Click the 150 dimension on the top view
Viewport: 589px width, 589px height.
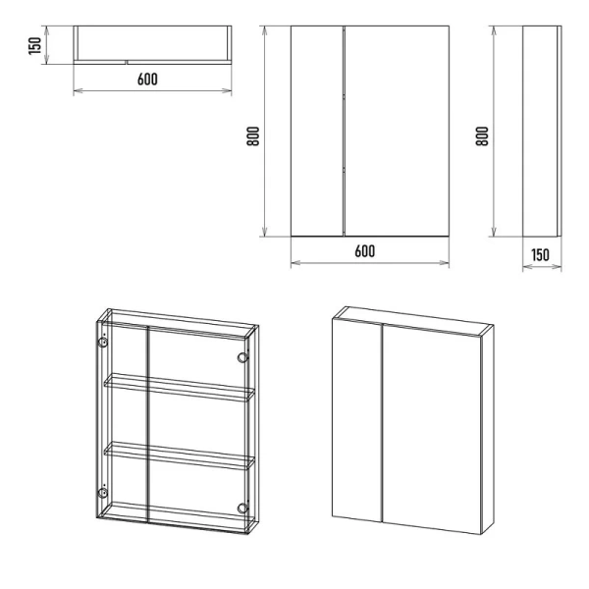tap(34, 45)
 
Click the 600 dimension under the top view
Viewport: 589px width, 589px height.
tap(147, 80)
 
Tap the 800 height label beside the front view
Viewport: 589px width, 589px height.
tap(253, 136)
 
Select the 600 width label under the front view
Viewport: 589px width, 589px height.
tap(365, 251)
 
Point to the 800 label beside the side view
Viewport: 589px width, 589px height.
tap(482, 136)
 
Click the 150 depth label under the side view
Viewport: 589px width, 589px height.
tap(540, 255)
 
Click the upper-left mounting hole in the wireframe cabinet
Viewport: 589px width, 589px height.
tap(102, 343)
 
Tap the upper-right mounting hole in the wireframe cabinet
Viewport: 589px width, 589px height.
tap(242, 357)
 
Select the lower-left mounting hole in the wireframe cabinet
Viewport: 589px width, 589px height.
tap(102, 493)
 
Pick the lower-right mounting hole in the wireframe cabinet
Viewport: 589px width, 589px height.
tap(242, 509)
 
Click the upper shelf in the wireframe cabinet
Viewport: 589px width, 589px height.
tap(180, 388)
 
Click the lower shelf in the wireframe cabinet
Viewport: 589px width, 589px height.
tap(180, 455)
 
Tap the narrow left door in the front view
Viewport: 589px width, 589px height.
tap(317, 132)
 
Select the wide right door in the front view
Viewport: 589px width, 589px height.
tap(397, 132)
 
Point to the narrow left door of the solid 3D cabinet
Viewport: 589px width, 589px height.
tap(357, 420)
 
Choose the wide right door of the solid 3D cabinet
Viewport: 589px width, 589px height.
tap(432, 429)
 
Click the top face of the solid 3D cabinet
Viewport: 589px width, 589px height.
tap(413, 320)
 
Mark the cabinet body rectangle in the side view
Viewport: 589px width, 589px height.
tap(540, 132)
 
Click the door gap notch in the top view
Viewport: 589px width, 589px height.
tap(127, 62)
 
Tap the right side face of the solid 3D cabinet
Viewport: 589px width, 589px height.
tap(488, 430)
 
